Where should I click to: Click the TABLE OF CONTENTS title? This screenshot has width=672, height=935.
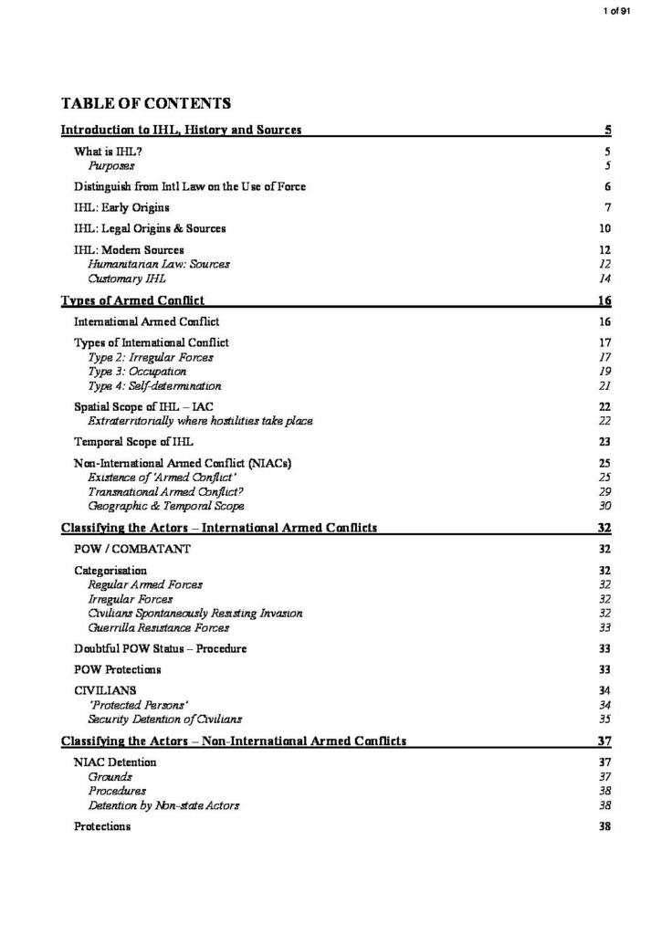coord(145,103)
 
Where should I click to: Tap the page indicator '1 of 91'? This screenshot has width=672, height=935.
coord(617,10)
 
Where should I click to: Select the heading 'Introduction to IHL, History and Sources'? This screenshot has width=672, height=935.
coord(181,131)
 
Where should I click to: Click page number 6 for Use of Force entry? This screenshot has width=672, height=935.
coord(607,187)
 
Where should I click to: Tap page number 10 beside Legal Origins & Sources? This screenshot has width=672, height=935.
coord(604,229)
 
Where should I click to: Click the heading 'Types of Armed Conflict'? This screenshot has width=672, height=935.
coord(132,300)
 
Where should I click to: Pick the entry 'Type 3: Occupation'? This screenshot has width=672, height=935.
coord(137,372)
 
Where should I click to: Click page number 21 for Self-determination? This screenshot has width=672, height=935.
coord(604,386)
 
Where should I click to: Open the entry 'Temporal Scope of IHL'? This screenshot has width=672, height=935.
coord(133,442)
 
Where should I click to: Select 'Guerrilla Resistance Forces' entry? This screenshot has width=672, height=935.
coord(159,627)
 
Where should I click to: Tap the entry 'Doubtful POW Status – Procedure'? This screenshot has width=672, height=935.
coord(160,649)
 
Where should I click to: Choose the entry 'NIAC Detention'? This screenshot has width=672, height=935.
coord(115,762)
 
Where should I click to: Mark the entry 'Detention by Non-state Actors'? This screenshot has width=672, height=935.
coord(163,805)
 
